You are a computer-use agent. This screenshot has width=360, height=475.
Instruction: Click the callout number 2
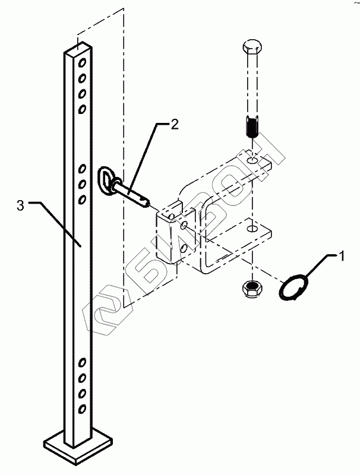174,125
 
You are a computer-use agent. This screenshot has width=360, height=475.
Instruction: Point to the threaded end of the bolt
251,128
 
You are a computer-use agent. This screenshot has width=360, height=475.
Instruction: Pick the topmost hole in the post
81,62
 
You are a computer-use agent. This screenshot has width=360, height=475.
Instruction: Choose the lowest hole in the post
81,408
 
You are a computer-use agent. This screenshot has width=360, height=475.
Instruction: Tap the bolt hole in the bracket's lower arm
253,228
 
